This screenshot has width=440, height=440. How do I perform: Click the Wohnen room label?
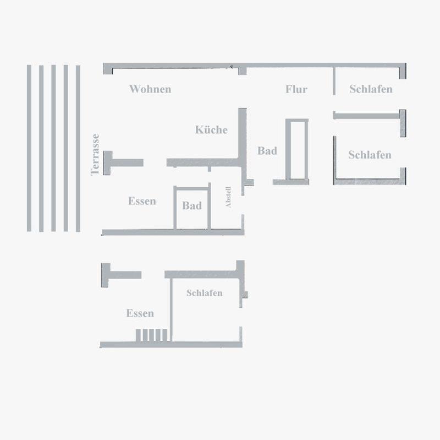(x=150, y=89)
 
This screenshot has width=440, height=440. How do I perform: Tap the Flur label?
(x=296, y=89)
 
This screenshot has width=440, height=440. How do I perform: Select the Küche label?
(x=211, y=129)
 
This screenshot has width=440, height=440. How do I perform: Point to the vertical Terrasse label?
(x=95, y=155)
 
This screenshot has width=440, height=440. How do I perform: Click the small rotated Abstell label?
(x=228, y=197)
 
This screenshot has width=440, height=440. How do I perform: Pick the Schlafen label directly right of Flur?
(x=371, y=89)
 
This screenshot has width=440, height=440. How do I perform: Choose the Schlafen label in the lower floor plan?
(x=204, y=293)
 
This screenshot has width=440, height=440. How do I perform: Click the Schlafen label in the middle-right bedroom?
(x=370, y=155)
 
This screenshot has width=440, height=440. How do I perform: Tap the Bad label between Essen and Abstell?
(x=192, y=205)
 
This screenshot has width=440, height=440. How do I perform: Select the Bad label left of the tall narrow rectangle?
(x=267, y=150)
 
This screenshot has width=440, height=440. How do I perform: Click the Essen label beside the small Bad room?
(x=142, y=201)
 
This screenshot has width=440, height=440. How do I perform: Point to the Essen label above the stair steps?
(x=140, y=313)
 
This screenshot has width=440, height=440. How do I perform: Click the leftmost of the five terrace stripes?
(x=29, y=148)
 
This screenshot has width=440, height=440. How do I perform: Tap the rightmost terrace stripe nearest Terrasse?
(x=78, y=149)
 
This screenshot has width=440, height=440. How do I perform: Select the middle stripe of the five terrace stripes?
(x=53, y=148)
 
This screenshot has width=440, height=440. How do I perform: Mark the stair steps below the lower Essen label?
(x=152, y=335)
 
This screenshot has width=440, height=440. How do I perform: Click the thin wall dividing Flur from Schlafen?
(x=334, y=81)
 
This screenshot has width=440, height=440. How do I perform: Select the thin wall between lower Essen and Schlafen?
(x=171, y=310)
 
